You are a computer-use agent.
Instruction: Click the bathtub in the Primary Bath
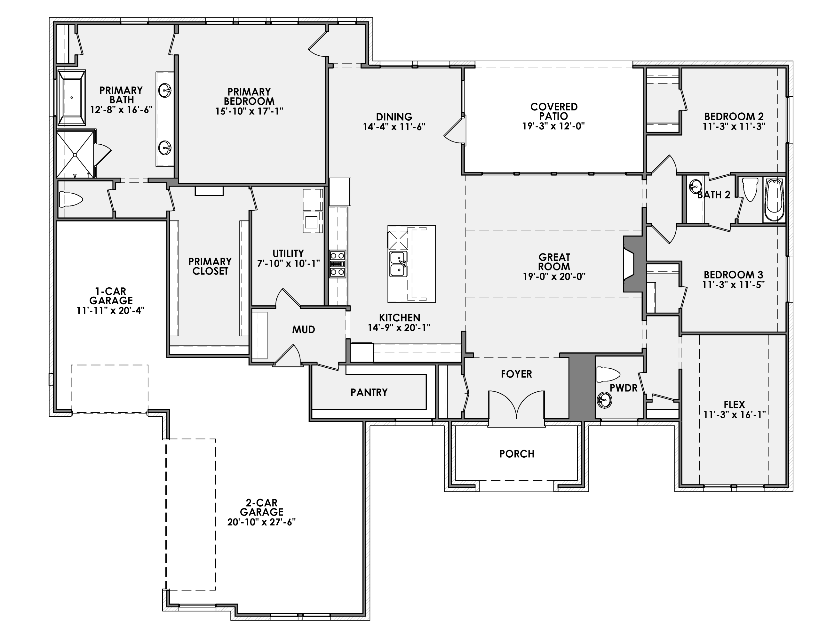pyautogui.click(x=71, y=98)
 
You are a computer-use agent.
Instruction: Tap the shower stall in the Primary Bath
pyautogui.click(x=75, y=154)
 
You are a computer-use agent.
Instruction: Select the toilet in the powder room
pyautogui.click(x=608, y=374)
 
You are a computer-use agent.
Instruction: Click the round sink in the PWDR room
pyautogui.click(x=604, y=400)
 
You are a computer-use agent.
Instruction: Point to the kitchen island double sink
pyautogui.click(x=398, y=264)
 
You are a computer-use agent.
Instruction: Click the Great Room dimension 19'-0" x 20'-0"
pyautogui.click(x=554, y=276)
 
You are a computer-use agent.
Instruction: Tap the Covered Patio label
pyautogui.click(x=554, y=111)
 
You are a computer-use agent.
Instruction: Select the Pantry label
pyautogui.click(x=369, y=392)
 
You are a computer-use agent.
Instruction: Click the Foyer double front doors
pyautogui.click(x=516, y=405)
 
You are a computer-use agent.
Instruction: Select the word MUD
pyautogui.click(x=303, y=329)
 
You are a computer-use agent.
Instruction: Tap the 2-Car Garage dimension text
pyautogui.click(x=261, y=522)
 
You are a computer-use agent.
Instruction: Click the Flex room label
pyautogui.click(x=734, y=405)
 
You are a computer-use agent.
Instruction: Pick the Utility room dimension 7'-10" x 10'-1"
pyautogui.click(x=288, y=263)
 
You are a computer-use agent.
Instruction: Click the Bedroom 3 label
pyautogui.click(x=734, y=275)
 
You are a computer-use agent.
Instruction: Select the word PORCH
pyautogui.click(x=516, y=454)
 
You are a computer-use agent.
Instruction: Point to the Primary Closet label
pyautogui.click(x=210, y=266)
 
